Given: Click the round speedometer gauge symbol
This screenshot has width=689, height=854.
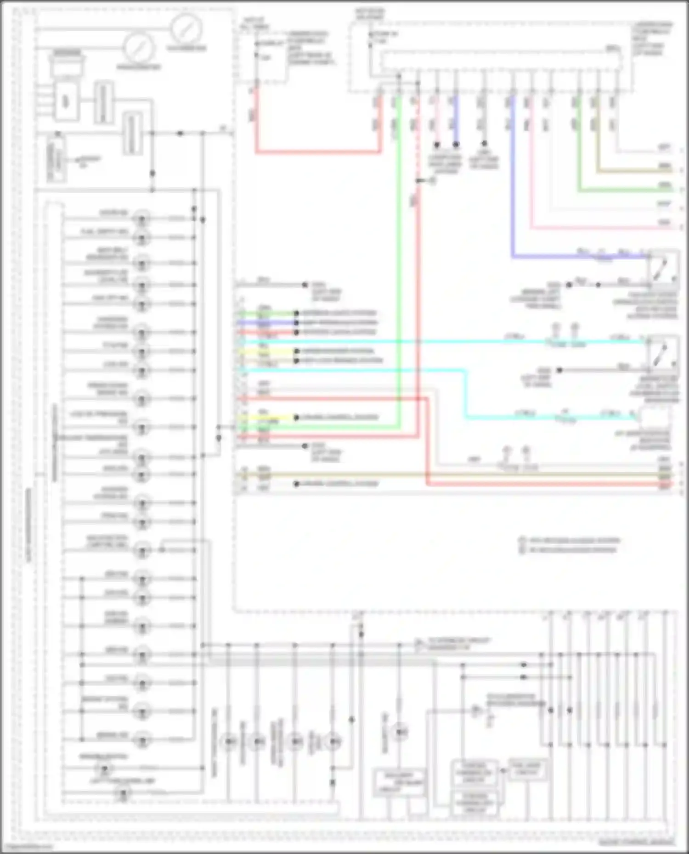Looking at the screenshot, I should (x=186, y=28).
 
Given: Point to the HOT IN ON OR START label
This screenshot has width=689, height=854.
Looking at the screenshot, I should (x=369, y=14).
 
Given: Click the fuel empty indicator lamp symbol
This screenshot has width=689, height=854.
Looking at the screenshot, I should (x=141, y=237).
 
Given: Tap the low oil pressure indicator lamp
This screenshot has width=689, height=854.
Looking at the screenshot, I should (x=141, y=427).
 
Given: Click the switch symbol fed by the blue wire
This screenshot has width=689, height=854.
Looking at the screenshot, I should (x=663, y=268).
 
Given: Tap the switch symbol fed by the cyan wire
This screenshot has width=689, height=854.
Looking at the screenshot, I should (x=663, y=353).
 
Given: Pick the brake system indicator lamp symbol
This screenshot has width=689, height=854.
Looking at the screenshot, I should (x=141, y=711).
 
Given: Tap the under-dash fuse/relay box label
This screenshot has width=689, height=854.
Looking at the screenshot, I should (x=652, y=39).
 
